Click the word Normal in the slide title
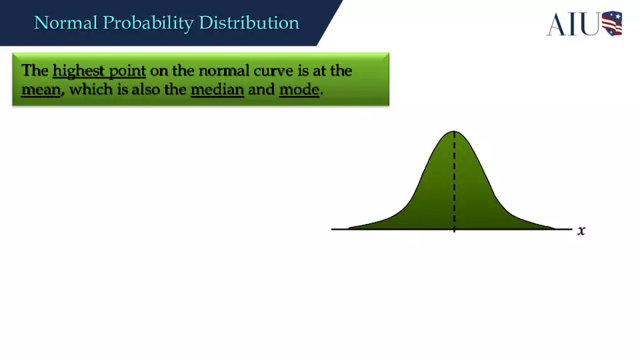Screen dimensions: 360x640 [x=66, y=23]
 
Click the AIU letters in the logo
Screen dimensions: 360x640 [x=573, y=24]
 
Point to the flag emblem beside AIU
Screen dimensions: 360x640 [x=612, y=23]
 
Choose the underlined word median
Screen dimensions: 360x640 [x=217, y=92]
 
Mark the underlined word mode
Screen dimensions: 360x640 [x=299, y=92]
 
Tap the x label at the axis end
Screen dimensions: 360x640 [x=581, y=231]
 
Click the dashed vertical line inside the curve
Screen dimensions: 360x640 [x=455, y=182]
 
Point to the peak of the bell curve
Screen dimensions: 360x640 [x=455, y=132]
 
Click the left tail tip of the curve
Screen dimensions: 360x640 [x=350, y=228]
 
